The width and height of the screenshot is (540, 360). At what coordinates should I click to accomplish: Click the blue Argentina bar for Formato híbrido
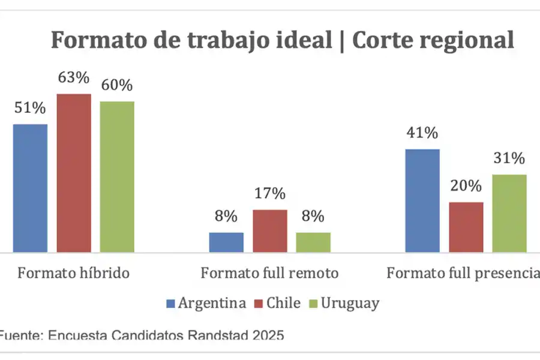pyautogui.click(x=30, y=188)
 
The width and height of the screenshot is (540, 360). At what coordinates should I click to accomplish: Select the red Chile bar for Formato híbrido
pyautogui.click(x=74, y=173)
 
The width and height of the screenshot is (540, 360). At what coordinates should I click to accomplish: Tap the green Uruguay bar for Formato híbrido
pyautogui.click(x=117, y=176)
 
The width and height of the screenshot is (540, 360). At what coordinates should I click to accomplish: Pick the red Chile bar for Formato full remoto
pyautogui.click(x=269, y=230)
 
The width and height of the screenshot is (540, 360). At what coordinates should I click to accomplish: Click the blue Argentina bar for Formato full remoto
pyautogui.click(x=226, y=242)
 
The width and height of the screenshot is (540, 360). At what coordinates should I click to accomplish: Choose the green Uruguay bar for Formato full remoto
pyautogui.click(x=313, y=242)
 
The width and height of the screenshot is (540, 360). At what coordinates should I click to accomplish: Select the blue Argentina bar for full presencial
pyautogui.click(x=422, y=200)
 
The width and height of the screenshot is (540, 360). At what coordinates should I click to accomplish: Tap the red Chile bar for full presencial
pyautogui.click(x=466, y=227)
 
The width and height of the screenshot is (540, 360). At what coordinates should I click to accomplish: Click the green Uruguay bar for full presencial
pyautogui.click(x=509, y=213)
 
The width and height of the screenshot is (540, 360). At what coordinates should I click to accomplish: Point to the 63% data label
pyautogui.click(x=74, y=78)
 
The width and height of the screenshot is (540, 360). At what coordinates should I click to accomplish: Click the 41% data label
pyautogui.click(x=422, y=133)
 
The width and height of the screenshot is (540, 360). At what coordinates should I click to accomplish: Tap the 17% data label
pyautogui.click(x=269, y=194)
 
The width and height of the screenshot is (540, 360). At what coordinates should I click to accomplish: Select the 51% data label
pyautogui.click(x=30, y=109)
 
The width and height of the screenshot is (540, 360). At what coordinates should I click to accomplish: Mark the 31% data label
pyautogui.click(x=509, y=159)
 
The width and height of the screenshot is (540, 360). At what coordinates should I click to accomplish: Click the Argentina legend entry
pyautogui.click(x=206, y=303)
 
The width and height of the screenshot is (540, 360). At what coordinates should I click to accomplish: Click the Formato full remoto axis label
pyautogui.click(x=269, y=274)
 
